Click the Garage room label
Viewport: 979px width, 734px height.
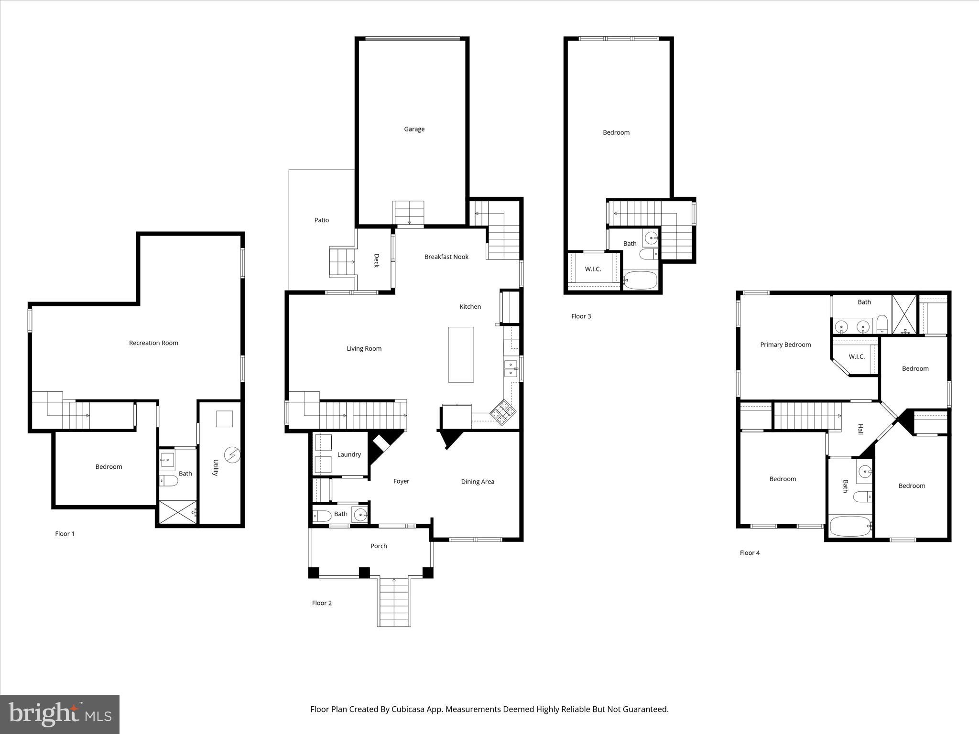pos(414,129)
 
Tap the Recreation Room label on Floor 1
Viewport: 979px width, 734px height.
pos(153,343)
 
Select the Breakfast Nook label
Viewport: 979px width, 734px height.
pos(446,257)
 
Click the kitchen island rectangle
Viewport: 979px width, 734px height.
pos(461,355)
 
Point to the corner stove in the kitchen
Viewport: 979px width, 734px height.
pos(502,412)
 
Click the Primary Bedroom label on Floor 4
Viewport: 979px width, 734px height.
pos(785,345)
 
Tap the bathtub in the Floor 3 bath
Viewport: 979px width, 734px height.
pos(641,281)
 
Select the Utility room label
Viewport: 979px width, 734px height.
pos(216,467)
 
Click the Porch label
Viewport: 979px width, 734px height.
pos(379,546)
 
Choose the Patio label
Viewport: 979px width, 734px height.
pos(321,220)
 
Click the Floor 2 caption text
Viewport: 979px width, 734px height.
pos(322,603)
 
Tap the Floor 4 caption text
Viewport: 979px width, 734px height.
pos(750,553)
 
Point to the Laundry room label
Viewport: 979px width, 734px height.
pos(349,454)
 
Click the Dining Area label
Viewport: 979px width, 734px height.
pos(477,482)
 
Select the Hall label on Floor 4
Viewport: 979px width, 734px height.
pos(860,429)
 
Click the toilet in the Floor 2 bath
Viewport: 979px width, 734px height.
pos(322,516)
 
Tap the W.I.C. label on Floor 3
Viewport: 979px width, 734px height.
pos(593,269)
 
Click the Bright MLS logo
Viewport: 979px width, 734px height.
pos(60,714)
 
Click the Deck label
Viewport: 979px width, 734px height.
pos(376,260)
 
